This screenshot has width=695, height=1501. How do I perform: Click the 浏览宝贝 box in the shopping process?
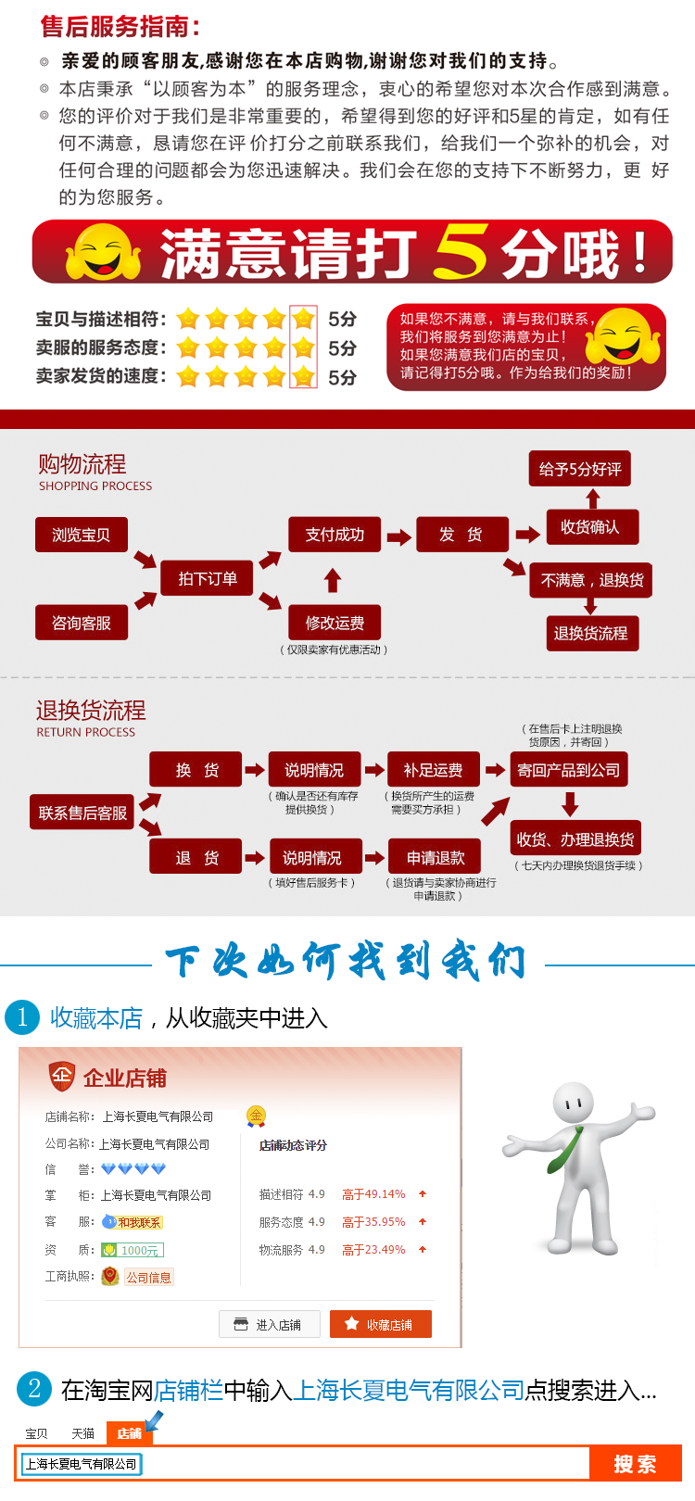pyautogui.click(x=82, y=535)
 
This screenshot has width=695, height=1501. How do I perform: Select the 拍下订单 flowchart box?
pyautogui.click(x=207, y=579)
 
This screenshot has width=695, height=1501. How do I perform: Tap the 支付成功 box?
pyautogui.click(x=335, y=535)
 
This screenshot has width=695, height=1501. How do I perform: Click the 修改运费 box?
pyautogui.click(x=335, y=623)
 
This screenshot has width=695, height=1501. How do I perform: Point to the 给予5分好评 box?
pyautogui.click(x=580, y=469)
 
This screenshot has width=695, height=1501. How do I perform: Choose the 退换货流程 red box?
pyautogui.click(x=590, y=634)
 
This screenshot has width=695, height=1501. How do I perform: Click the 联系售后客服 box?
pyautogui.click(x=82, y=813)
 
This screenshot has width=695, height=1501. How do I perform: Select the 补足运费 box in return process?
pyautogui.click(x=433, y=770)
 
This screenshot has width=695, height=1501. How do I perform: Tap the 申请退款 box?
pyautogui.click(x=436, y=858)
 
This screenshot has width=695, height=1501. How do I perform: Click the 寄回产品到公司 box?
pyautogui.click(x=569, y=770)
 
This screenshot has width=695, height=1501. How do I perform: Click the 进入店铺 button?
pyautogui.click(x=270, y=1324)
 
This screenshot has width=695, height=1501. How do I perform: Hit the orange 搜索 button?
pyautogui.click(x=635, y=1464)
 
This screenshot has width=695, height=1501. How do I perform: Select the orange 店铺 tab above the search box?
pyautogui.click(x=129, y=1433)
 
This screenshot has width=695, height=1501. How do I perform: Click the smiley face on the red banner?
pyautogui.click(x=102, y=251)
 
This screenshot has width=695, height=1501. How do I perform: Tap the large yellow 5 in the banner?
pyautogui.click(x=461, y=251)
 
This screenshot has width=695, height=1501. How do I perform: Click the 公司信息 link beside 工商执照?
pyautogui.click(x=148, y=1277)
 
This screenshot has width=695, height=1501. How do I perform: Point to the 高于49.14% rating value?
pyautogui.click(x=373, y=1194)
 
